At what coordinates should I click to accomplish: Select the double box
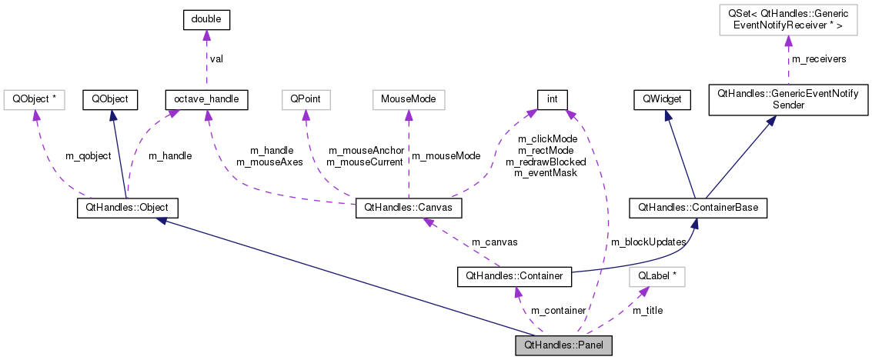pyautogui.click(x=206, y=21)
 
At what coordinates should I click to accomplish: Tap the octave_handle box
pyautogui.click(x=205, y=99)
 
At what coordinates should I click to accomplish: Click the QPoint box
pyautogui.click(x=306, y=99)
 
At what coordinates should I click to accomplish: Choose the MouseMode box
pyautogui.click(x=408, y=99)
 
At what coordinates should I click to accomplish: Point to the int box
pyautogui.click(x=552, y=99)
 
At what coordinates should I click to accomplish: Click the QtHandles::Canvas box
pyautogui.click(x=408, y=208)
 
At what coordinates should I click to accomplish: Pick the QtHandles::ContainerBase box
pyautogui.click(x=698, y=208)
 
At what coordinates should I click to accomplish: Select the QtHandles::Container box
pyautogui.click(x=514, y=275)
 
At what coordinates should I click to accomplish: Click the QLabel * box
pyautogui.click(x=657, y=275)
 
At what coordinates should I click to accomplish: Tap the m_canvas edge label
pyautogui.click(x=494, y=242)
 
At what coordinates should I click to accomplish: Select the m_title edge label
pyautogui.click(x=647, y=310)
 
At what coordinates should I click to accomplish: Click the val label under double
pyautogui.click(x=218, y=58)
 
